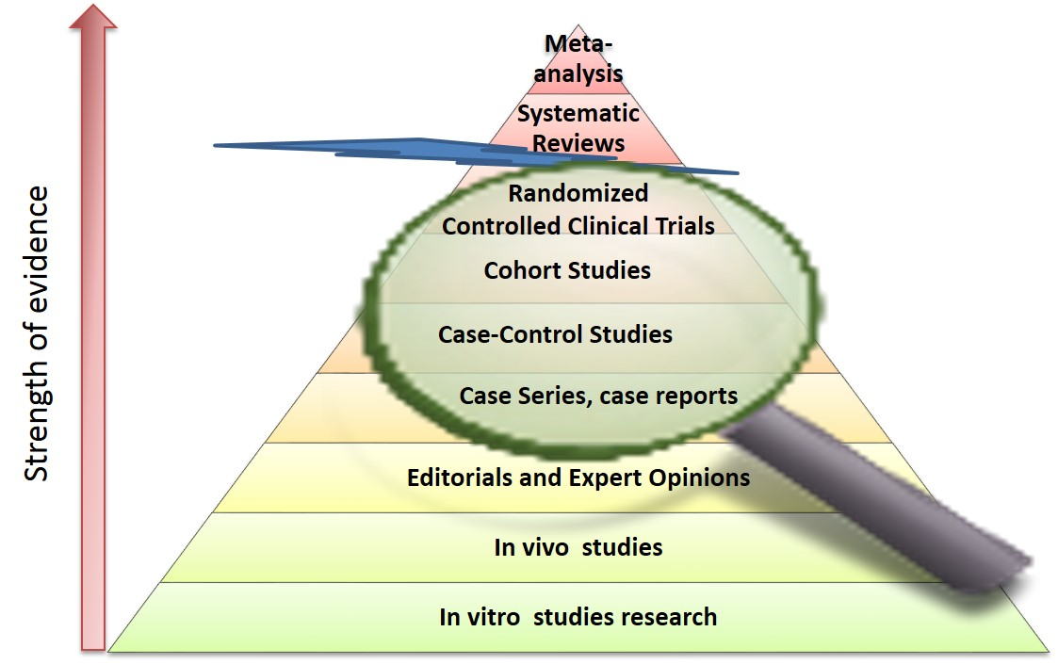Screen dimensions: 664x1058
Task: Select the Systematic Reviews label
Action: [x=578, y=129]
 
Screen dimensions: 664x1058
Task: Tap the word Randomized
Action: [x=578, y=193]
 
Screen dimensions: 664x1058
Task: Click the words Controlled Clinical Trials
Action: [x=578, y=226]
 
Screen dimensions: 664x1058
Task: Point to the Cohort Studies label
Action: [x=567, y=271]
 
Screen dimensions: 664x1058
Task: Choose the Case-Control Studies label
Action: [x=555, y=334]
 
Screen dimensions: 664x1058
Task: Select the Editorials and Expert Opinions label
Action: [x=578, y=478]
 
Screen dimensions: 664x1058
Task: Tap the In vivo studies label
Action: [x=578, y=547]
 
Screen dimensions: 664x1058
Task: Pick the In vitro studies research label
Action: [x=578, y=618]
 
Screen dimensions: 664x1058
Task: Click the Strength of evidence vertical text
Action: [x=38, y=333]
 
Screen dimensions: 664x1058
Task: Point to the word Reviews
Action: [x=578, y=143]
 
